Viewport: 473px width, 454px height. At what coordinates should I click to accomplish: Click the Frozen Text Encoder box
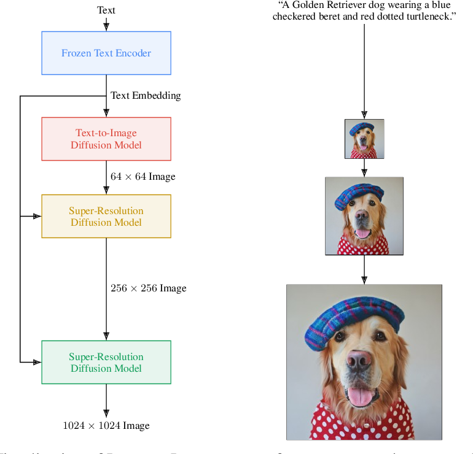pos(106,53)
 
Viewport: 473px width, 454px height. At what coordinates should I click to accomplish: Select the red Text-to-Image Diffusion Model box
pos(106,139)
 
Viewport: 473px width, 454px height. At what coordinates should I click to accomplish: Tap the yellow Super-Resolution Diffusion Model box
pos(106,216)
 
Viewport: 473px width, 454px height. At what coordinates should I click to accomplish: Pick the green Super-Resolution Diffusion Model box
pos(106,362)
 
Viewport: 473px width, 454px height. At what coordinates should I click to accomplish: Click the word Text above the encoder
pos(106,10)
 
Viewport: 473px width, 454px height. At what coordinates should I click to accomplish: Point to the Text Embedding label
pos(146,96)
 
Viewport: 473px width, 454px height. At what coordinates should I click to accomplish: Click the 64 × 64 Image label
pos(143,177)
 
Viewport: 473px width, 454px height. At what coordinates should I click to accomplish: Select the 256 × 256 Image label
pos(148,288)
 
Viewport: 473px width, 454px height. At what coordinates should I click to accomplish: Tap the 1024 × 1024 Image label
pos(106,425)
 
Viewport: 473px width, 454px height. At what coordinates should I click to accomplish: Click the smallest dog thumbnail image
pos(364,139)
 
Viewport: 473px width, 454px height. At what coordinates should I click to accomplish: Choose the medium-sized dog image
pos(364,216)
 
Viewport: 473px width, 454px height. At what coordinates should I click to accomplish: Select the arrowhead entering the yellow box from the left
pos(37,216)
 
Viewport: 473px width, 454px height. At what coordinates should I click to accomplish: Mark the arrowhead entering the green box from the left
pos(37,362)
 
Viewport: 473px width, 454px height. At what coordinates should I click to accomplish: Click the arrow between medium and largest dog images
pos(364,269)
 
